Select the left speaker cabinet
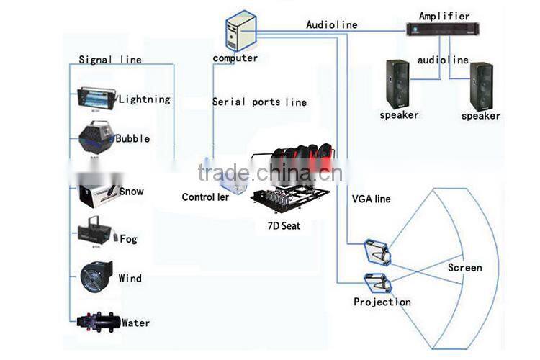tap(397, 83)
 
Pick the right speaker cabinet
tap(481, 86)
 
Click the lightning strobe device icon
tap(95, 100)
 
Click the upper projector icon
tap(378, 251)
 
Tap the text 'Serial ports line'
tap(259, 102)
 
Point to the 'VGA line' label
tap(371, 198)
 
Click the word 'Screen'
tap(464, 268)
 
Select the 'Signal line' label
tap(110, 60)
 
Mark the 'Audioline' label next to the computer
tap(331, 24)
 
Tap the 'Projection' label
tap(382, 302)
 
